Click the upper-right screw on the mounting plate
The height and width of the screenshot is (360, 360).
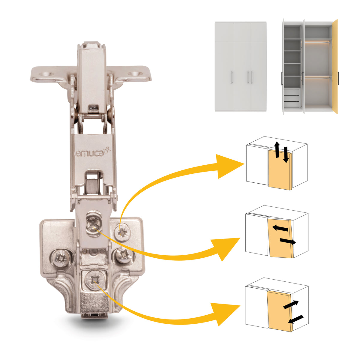pyautogui.click(x=123, y=232)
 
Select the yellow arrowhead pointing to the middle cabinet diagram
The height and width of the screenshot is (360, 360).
pyautogui.click(x=226, y=248)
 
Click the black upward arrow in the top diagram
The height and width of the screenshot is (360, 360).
pyautogui.click(x=277, y=149)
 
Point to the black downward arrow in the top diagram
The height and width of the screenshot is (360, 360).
pyautogui.click(x=286, y=154)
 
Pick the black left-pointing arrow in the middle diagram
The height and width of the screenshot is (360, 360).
pyautogui.click(x=280, y=228)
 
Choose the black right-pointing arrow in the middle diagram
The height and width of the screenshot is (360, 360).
pyautogui.click(x=288, y=241)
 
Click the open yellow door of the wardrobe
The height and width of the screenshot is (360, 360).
pyautogui.click(x=335, y=67)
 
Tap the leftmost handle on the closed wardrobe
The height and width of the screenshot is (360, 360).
pyautogui.click(x=232, y=77)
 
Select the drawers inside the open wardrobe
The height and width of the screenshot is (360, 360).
pyautogui.click(x=292, y=98)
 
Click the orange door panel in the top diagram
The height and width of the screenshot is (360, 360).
pyautogui.click(x=280, y=170)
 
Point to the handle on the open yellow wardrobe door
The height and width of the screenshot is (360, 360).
pyautogui.click(x=338, y=76)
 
